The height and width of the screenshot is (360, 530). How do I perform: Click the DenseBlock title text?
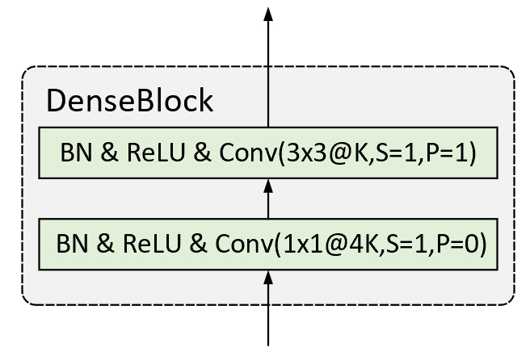(129, 100)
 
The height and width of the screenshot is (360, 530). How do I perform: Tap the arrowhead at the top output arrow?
(268, 15)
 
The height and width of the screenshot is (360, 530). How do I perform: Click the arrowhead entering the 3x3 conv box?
(268, 186)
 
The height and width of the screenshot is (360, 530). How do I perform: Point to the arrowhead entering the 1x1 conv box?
(268, 277)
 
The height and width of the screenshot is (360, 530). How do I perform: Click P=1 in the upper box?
(448, 153)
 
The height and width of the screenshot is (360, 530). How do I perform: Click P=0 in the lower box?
(457, 244)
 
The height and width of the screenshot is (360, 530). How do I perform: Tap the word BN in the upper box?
(76, 153)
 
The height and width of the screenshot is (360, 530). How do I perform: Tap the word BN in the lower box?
(72, 244)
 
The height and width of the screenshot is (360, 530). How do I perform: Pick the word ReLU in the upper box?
(156, 153)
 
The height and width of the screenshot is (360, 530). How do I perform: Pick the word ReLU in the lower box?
(152, 244)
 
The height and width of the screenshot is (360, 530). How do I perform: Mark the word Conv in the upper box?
(249, 153)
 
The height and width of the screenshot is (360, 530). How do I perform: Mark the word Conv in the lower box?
(244, 244)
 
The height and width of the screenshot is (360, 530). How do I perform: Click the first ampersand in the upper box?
(110, 153)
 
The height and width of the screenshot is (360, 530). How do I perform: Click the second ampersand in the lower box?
(198, 244)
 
